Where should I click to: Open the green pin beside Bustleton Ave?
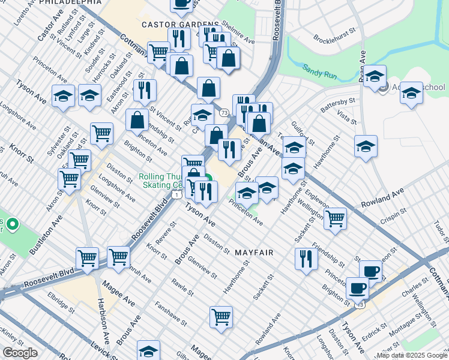tap(11, 226)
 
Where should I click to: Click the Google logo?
tap(20, 353)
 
